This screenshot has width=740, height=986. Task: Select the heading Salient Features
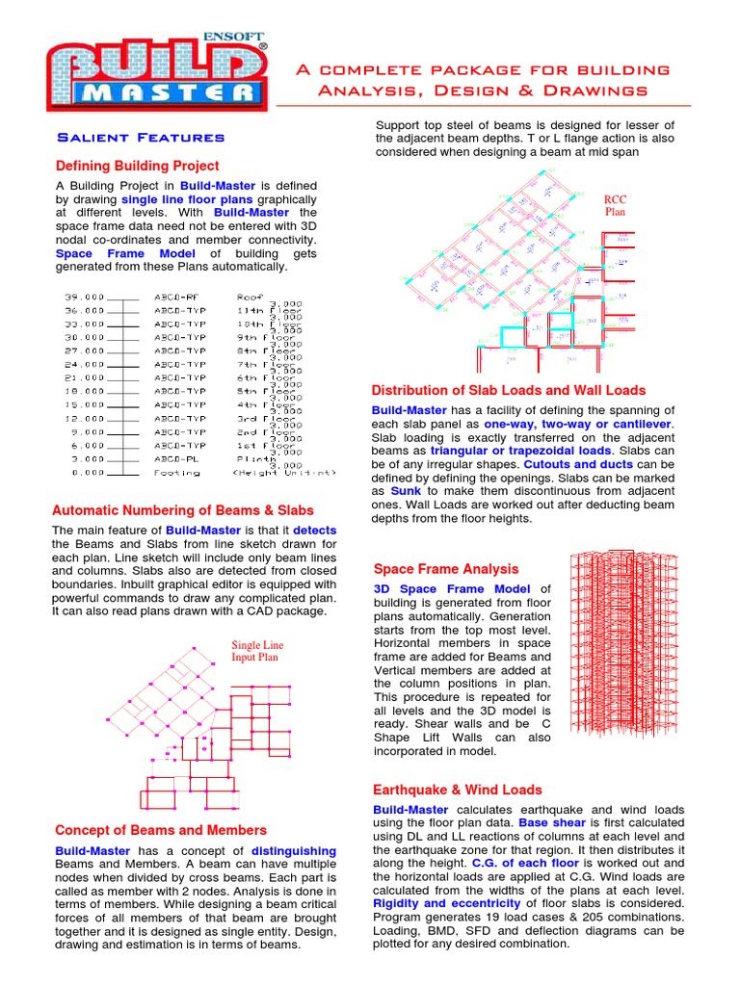[141, 138]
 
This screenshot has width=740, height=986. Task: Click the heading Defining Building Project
[137, 166]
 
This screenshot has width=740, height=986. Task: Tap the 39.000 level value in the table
[83, 297]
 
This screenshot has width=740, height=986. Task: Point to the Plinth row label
[256, 458]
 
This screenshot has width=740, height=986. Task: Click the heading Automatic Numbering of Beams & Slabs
[182, 509]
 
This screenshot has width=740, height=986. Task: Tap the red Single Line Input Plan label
[257, 651]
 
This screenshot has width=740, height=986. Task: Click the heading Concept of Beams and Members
[161, 830]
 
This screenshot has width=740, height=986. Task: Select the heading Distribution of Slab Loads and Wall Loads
[509, 390]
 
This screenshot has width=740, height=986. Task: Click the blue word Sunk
[406, 490]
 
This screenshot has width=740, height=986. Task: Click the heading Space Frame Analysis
[446, 569]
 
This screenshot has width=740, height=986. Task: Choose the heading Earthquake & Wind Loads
[458, 790]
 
